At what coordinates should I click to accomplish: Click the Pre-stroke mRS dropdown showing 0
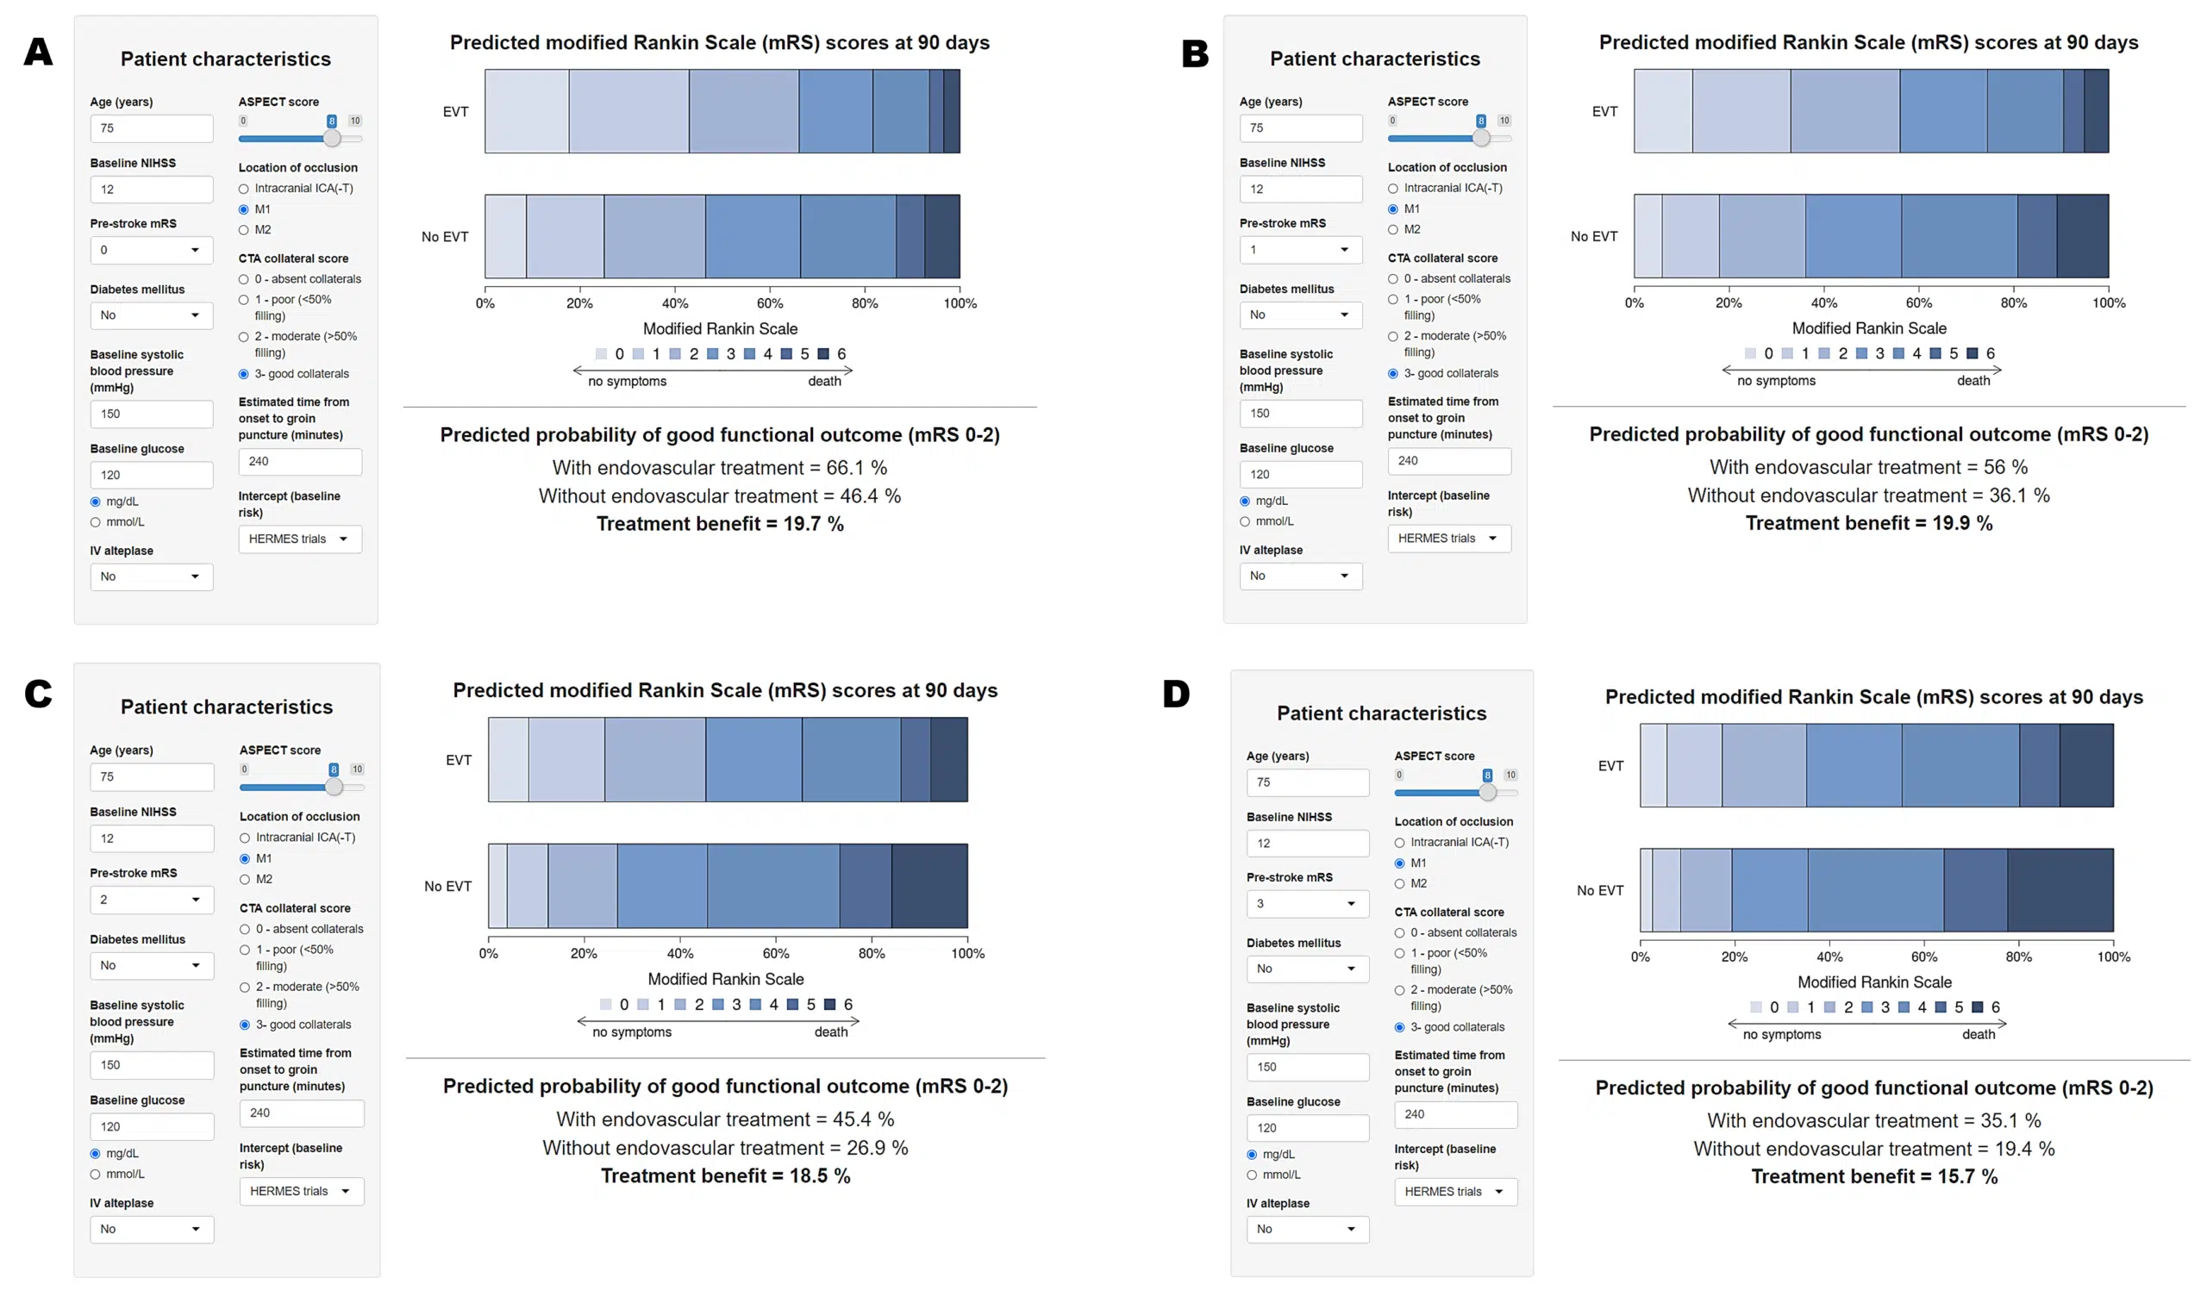coord(151,251)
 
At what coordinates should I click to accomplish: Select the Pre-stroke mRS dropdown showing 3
coord(1307,904)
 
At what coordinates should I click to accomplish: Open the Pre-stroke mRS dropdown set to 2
coord(152,900)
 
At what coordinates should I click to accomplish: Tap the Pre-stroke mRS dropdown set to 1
coord(1301,250)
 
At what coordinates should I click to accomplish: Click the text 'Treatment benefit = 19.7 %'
coord(720,524)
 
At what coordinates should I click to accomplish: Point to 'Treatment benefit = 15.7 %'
coord(1874,1176)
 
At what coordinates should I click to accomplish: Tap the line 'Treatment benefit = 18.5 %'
coord(725,1175)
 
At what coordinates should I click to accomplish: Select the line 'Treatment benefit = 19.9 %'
coord(1869,523)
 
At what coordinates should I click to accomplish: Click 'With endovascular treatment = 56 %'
coord(1868,467)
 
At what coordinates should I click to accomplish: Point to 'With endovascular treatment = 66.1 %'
coord(719,468)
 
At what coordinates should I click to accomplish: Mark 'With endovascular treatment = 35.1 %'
coord(1873,1120)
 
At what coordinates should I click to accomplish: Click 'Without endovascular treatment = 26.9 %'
coord(724,1147)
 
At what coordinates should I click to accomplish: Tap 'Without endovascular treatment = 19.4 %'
coord(1873,1148)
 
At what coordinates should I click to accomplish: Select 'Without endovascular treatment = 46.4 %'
coord(719,495)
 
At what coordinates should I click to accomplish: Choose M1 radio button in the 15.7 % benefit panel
coord(1399,863)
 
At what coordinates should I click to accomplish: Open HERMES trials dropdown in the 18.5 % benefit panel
coord(301,1191)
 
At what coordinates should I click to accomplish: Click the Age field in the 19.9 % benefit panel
coord(1301,128)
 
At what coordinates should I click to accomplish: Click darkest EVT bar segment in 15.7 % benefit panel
coord(2086,765)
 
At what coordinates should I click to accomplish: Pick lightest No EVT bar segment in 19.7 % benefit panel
coord(505,236)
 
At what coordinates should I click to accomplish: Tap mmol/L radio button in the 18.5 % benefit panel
coord(96,1174)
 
